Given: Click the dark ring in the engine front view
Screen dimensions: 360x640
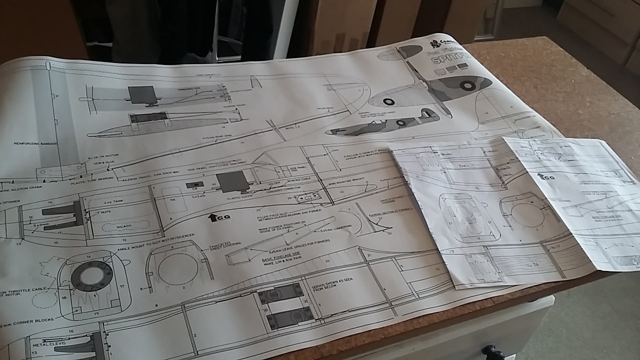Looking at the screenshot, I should [91, 275].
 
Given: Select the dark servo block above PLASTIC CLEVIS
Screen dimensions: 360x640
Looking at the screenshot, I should [232, 182].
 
